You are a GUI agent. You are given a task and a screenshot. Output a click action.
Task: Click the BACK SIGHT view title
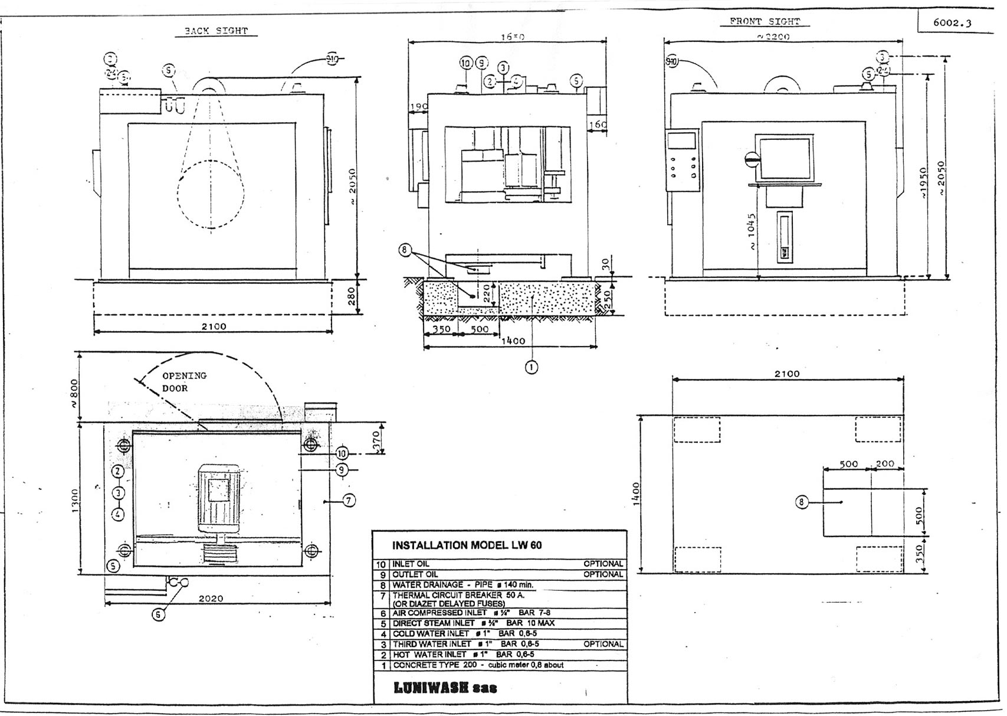[x=216, y=31]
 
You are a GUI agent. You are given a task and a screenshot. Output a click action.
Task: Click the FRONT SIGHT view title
[x=765, y=22]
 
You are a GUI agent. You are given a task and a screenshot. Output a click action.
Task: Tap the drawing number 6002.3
[x=952, y=23]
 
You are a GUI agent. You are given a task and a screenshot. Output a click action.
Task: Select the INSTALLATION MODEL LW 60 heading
[x=467, y=545]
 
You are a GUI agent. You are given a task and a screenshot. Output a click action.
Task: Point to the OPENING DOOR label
[x=183, y=382]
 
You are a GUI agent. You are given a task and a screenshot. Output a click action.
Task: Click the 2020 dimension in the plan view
[x=211, y=599]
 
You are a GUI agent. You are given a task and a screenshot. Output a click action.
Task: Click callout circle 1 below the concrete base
[x=532, y=367]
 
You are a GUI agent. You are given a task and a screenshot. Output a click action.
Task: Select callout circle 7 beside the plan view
[x=349, y=501]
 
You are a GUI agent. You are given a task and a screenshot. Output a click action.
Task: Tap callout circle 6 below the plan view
[x=158, y=614]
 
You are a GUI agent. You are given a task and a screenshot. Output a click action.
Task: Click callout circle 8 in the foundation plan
[x=801, y=502]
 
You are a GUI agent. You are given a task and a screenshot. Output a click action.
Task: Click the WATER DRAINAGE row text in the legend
[x=463, y=585]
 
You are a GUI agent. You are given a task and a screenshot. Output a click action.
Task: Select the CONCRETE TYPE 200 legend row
[x=478, y=665]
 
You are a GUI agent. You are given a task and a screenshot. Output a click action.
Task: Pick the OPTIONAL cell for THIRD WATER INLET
[x=603, y=644]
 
